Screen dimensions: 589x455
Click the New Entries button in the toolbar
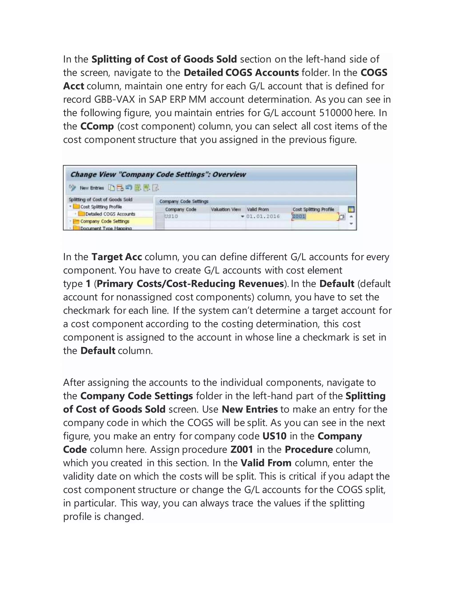pos(92,188)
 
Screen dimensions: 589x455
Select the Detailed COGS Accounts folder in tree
pos(110,214)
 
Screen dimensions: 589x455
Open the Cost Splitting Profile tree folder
pos(101,206)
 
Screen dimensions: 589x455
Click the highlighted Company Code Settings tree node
pos(105,221)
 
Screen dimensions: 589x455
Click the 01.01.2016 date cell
pos(263,216)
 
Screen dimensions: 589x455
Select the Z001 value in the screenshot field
pos(299,216)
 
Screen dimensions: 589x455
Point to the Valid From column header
pos(258,209)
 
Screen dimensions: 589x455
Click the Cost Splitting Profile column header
pos(313,209)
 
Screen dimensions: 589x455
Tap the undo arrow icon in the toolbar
pos(129,187)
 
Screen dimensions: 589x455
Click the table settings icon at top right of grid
pos(351,209)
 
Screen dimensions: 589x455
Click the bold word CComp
pos(97,126)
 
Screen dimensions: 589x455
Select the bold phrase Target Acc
pos(116,257)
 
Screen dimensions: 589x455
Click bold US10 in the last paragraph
pos(274,436)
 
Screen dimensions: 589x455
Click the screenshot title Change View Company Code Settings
pos(158,174)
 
